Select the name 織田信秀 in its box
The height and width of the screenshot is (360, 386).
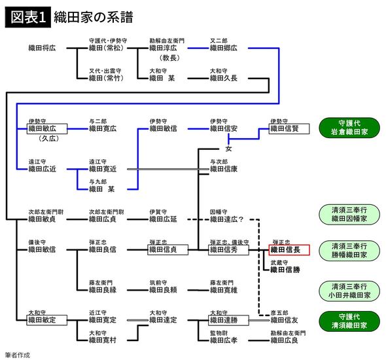tap(228, 249)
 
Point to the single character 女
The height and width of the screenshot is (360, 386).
tap(228, 149)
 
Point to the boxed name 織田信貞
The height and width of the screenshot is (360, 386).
tap(168, 249)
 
